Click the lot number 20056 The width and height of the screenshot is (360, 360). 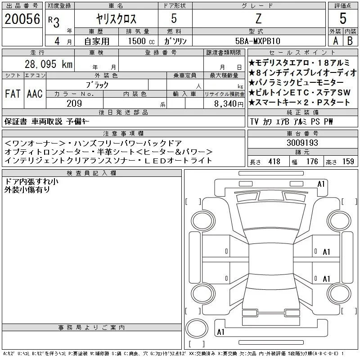22,19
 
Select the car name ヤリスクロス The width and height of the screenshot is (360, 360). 116,19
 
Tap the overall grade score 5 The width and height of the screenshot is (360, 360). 343,18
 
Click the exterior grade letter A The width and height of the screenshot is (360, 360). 336,41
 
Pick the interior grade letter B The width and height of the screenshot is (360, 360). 350,41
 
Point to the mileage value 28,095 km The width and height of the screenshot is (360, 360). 49,64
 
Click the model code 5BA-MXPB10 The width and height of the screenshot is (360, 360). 258,41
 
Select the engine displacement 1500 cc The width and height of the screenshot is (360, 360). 141,41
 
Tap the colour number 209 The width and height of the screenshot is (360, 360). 74,103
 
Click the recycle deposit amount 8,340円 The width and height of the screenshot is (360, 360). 229,104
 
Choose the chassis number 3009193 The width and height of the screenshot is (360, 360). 302,143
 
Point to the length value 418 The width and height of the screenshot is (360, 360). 274,162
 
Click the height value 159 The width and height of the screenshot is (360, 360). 348,162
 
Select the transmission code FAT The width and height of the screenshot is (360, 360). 13,94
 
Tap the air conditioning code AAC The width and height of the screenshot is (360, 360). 35,94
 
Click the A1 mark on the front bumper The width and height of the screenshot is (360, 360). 321,184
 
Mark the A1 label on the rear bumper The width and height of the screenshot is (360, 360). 220,332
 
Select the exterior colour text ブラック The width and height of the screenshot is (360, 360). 97,85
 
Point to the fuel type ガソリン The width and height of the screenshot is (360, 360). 175,41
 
